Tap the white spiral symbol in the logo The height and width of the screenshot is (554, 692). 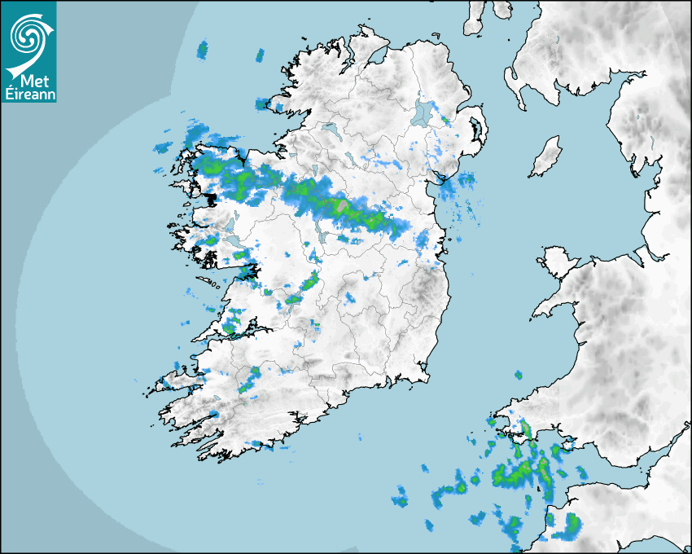pos(27,36)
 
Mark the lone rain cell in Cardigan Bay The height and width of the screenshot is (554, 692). pos(518,376)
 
